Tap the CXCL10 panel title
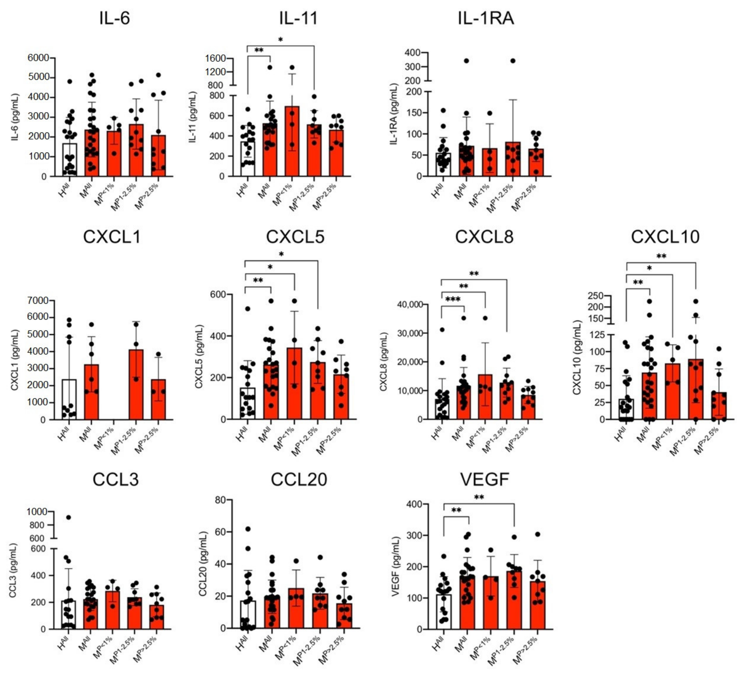(665, 237)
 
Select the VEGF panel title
(484, 479)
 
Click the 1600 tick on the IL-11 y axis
(216, 58)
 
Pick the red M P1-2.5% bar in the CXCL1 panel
(136, 384)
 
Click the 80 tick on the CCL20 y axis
(220, 500)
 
